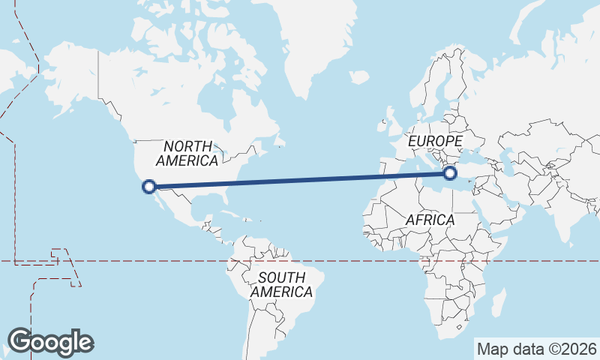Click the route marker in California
pyautogui.click(x=149, y=186)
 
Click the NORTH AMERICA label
pyautogui.click(x=187, y=154)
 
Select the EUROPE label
pyautogui.click(x=435, y=141)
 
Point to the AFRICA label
pyautogui.click(x=430, y=220)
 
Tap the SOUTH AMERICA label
pyautogui.click(x=281, y=284)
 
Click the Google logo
pyautogui.click(x=50, y=342)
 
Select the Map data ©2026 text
pyautogui.click(x=536, y=349)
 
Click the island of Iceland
pyautogui.click(x=359, y=76)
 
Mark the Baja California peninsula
pyautogui.click(x=160, y=201)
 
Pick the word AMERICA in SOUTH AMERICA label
pyautogui.click(x=281, y=292)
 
